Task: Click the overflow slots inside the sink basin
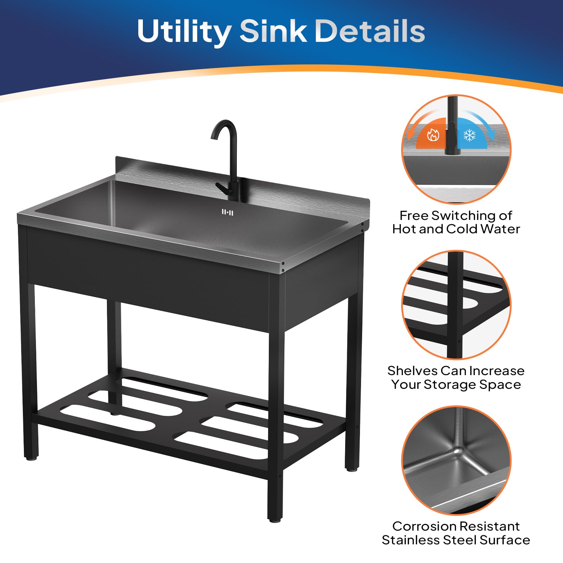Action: click(x=227, y=212)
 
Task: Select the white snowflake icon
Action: click(x=469, y=135)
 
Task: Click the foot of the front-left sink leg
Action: click(x=31, y=458)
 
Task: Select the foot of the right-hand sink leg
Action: click(x=351, y=469)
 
